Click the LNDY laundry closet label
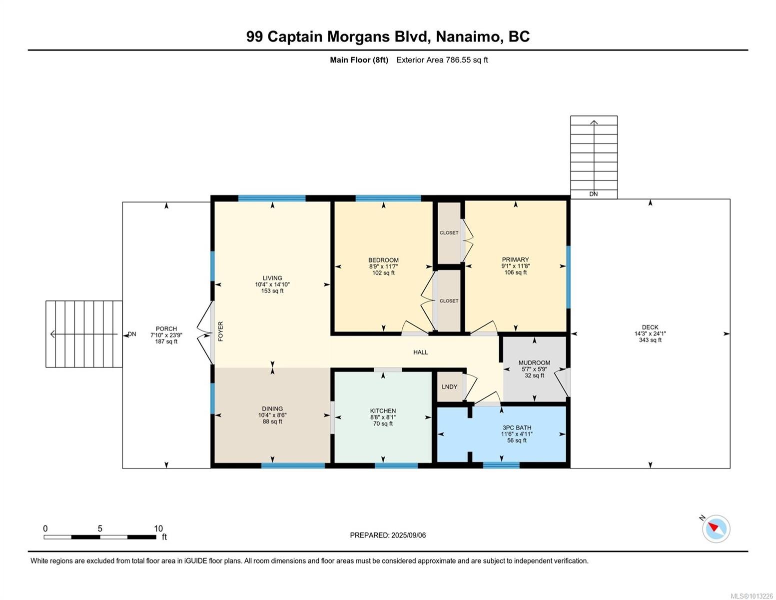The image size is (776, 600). tap(449, 386)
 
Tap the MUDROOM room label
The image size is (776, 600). tap(534, 362)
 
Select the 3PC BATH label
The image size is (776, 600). tap(517, 427)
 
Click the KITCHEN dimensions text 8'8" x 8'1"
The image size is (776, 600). tap(383, 417)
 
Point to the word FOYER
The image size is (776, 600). tap(220, 331)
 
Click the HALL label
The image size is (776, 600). tap(420, 352)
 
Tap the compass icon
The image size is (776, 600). tap(716, 528)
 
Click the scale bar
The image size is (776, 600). tap(99, 537)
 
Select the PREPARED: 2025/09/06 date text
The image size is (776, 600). tap(388, 535)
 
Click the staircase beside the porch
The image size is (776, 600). tap(84, 334)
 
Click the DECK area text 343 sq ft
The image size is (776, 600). tap(650, 340)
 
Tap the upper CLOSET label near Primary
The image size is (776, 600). tap(449, 232)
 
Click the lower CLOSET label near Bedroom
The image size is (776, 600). tap(449, 300)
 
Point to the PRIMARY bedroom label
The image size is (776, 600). tap(515, 259)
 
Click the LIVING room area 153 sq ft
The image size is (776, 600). tap(272, 291)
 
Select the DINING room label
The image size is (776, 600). tap(272, 408)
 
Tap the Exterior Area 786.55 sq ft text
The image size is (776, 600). tap(442, 60)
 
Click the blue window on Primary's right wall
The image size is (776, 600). tap(568, 276)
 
